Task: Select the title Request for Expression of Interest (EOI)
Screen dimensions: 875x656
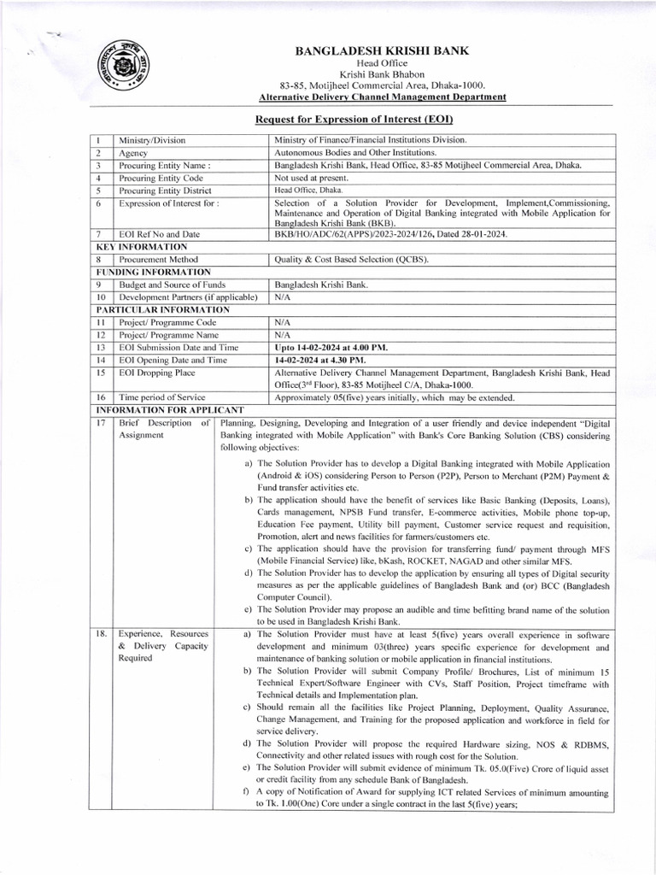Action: [354, 120]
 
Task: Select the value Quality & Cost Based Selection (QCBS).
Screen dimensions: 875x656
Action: [351, 259]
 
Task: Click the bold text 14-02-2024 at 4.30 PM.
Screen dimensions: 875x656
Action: [325, 361]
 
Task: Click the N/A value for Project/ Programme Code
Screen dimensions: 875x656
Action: [283, 322]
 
